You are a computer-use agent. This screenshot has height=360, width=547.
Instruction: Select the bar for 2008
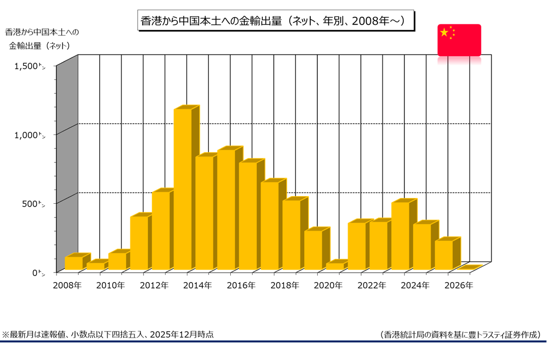click(73, 263)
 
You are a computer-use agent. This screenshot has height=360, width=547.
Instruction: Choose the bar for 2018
click(291, 234)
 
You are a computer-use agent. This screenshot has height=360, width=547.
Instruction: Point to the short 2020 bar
click(335, 266)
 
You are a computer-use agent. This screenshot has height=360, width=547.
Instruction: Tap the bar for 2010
click(117, 261)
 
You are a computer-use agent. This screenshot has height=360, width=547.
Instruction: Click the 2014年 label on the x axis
click(198, 286)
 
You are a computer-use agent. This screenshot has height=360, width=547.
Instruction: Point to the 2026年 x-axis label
click(459, 286)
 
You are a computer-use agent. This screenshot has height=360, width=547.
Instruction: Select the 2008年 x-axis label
click(67, 286)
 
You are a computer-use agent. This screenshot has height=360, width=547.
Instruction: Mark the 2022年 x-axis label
click(372, 286)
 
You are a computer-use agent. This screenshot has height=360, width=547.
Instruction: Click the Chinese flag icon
click(459, 40)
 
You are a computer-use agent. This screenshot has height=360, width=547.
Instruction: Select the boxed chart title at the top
click(275, 20)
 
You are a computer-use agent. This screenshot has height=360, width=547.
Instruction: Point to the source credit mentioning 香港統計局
click(460, 335)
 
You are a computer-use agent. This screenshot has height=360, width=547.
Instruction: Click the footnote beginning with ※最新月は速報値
click(108, 335)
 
